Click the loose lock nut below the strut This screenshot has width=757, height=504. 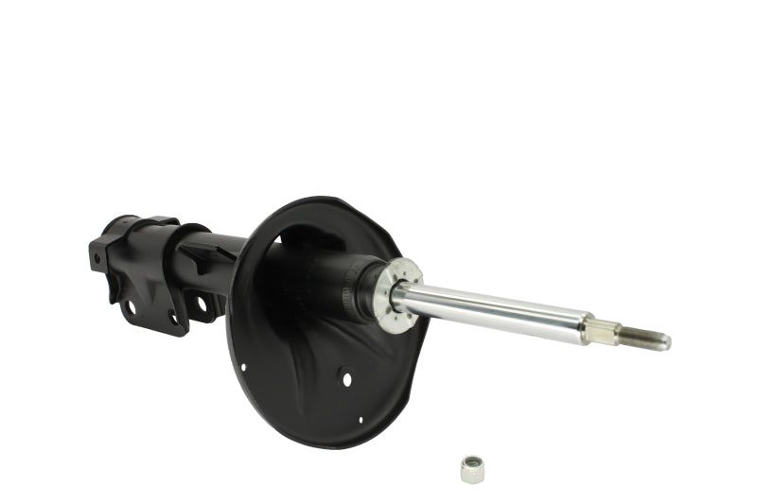coord(471,468)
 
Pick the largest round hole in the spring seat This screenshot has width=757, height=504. coord(346,378)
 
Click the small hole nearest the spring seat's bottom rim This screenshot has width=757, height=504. coord(361,419)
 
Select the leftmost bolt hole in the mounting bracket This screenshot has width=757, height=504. coord(130,307)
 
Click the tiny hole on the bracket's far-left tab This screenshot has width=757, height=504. coord(97,257)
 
